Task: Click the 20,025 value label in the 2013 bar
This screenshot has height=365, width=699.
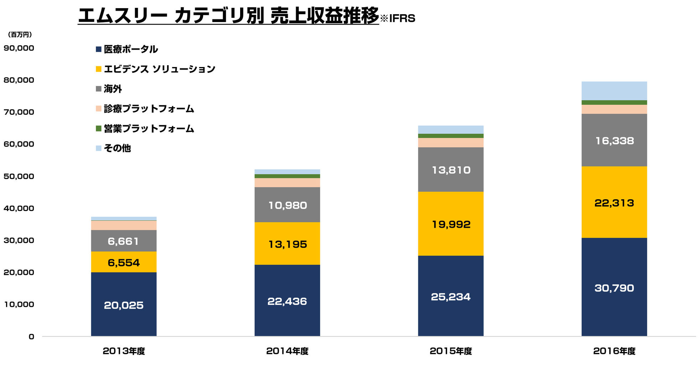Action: point(124,305)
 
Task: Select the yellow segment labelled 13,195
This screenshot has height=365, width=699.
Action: point(287,244)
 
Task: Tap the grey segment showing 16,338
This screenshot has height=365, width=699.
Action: point(614,141)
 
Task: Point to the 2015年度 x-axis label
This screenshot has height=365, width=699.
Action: point(451,351)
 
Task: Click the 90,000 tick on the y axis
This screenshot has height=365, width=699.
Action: point(19,48)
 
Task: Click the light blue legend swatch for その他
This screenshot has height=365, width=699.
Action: point(99,148)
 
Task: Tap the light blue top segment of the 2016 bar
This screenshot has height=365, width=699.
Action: point(614,91)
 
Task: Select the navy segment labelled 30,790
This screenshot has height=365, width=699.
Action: point(614,288)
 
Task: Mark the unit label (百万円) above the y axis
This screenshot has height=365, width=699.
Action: point(20,35)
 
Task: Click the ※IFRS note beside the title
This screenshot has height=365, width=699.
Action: point(398,18)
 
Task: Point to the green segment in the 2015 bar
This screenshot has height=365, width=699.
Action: point(451,136)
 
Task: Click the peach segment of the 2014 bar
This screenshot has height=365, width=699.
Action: point(287,182)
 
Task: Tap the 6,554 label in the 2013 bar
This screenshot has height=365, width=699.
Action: point(124,263)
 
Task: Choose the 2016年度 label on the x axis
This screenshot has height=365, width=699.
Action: point(614,351)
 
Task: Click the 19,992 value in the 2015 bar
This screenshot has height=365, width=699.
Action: point(451,224)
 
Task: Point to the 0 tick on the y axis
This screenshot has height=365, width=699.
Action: point(31,336)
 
